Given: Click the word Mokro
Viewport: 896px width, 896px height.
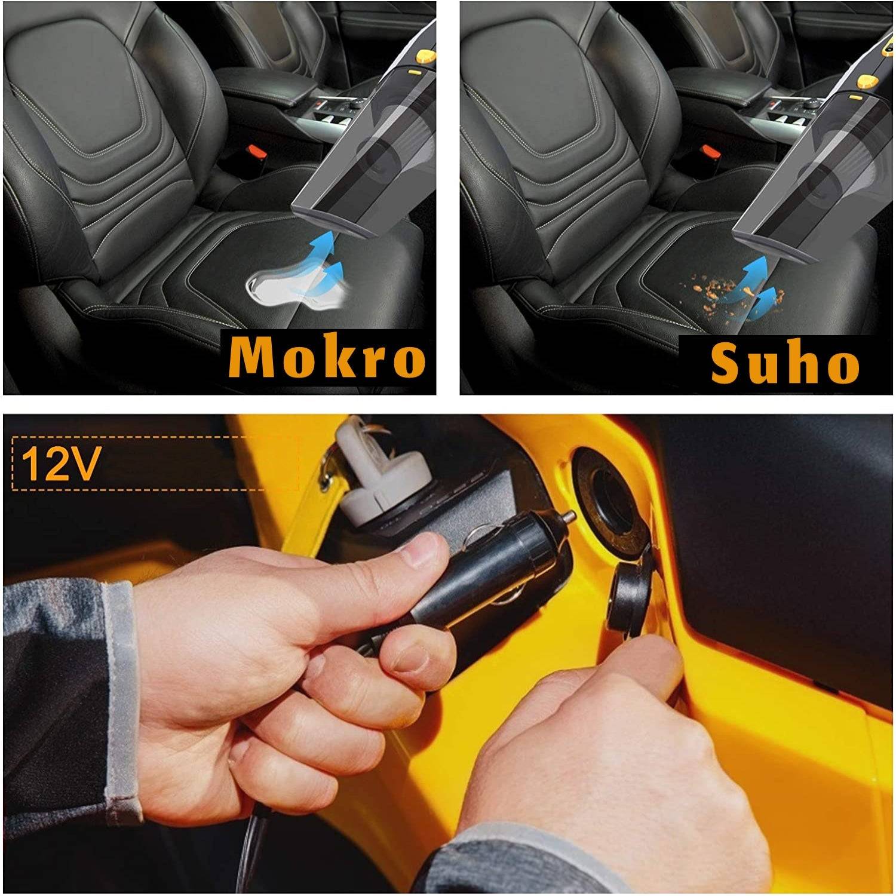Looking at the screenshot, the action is (327, 358).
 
